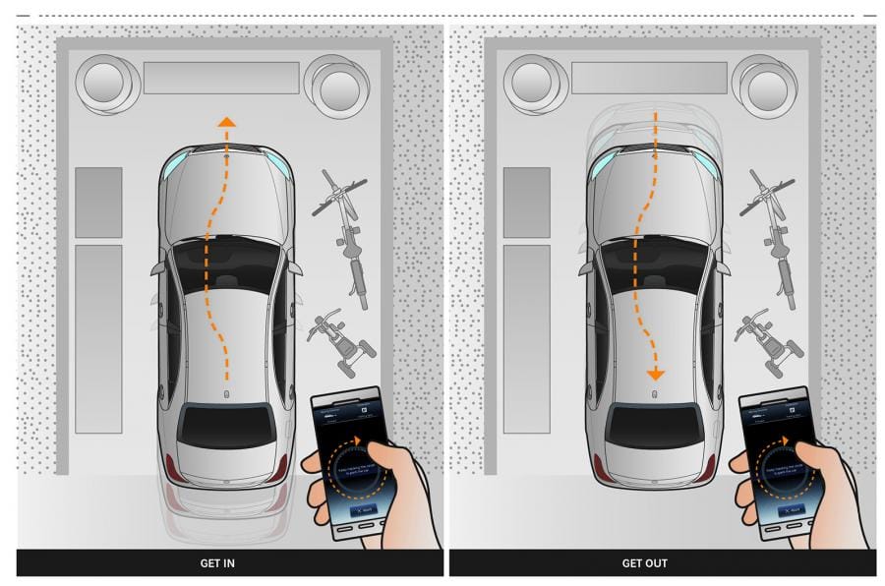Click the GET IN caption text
217,563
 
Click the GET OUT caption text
645,563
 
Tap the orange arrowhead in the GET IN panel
226,122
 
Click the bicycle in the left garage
344,236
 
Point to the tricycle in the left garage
341,339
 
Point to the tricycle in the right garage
769,339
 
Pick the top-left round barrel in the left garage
106,83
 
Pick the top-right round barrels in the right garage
765,85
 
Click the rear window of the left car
226,425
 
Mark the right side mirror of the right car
723,267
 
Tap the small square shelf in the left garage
98,202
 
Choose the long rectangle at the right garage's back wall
649,78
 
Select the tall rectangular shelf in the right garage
527,338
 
